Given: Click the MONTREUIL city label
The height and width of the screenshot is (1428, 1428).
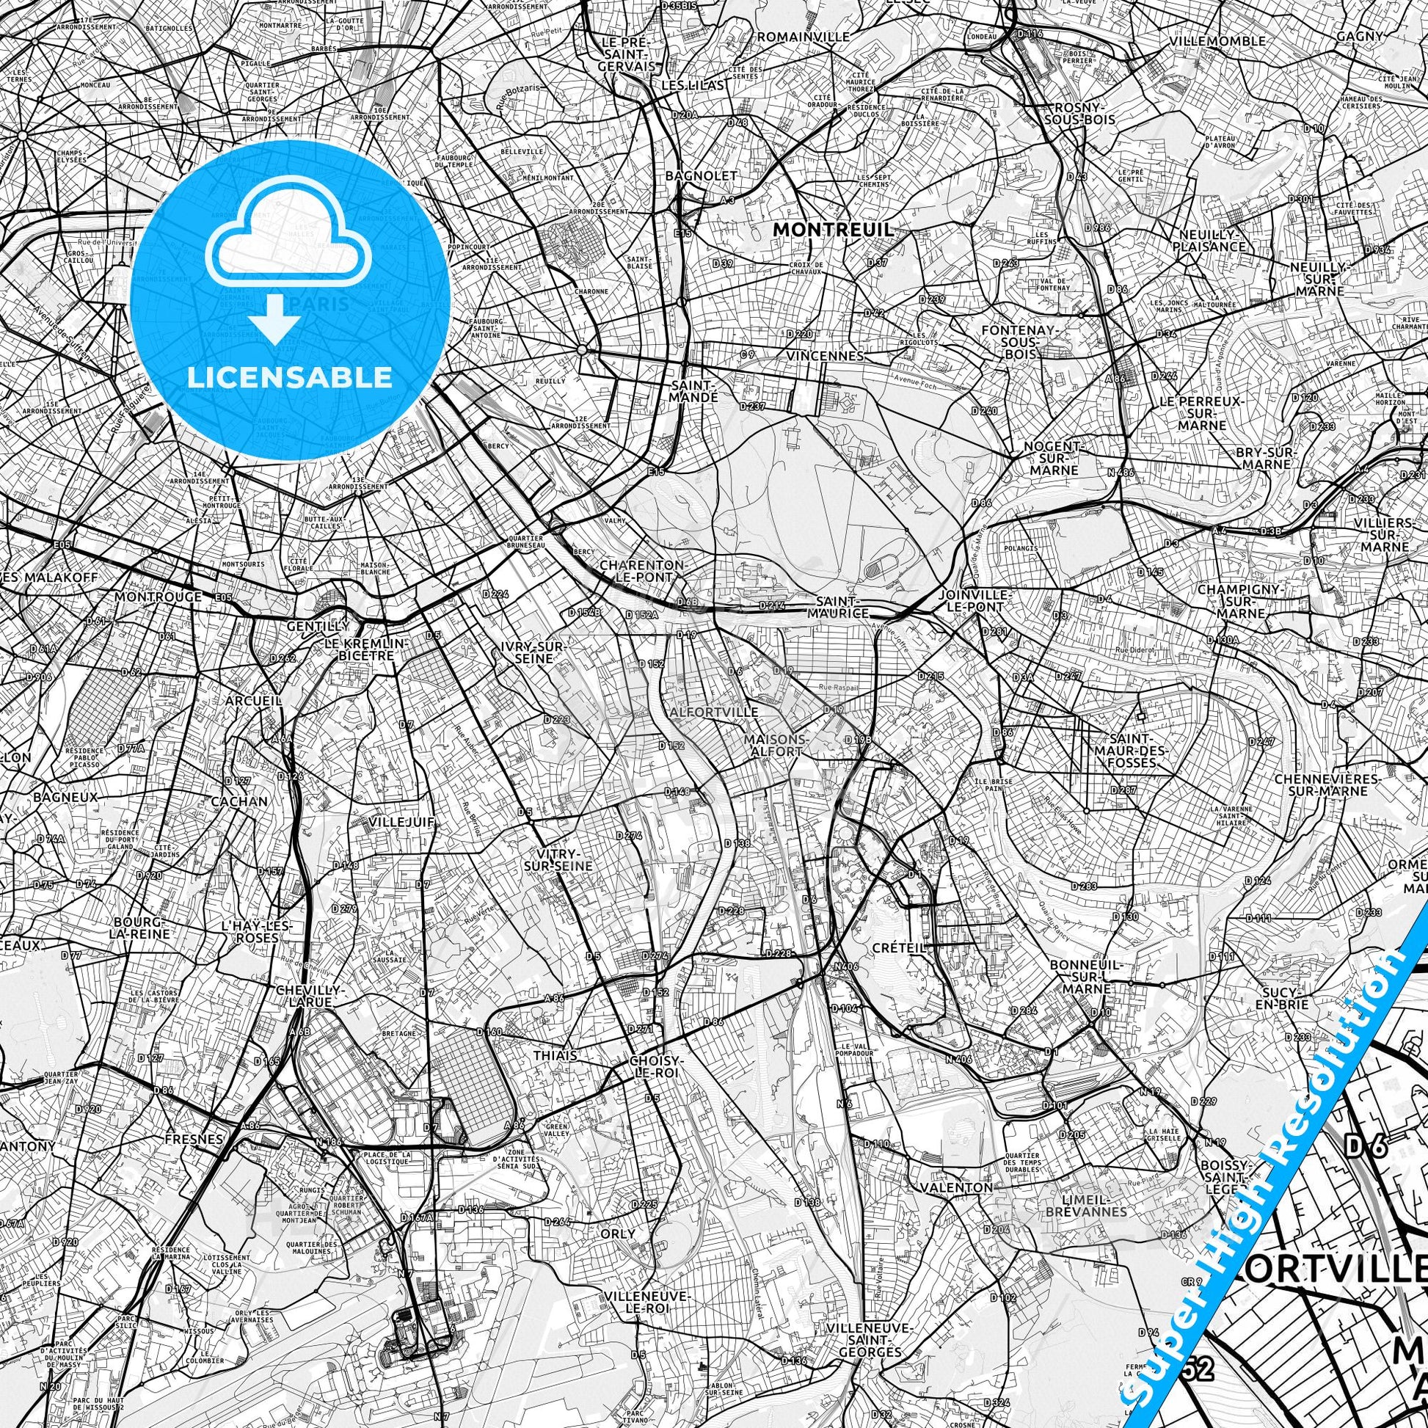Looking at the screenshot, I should tap(832, 230).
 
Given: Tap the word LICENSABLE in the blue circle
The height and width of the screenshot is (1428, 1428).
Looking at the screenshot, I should tap(289, 377).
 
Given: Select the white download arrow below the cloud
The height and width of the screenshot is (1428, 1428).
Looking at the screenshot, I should tap(275, 316).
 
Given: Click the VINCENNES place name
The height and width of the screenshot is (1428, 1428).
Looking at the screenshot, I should tap(825, 356).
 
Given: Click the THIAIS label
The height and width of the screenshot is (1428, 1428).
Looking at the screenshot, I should tap(555, 1055).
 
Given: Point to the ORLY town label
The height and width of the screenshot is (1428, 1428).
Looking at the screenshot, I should tap(618, 1234).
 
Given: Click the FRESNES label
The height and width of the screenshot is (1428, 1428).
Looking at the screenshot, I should tap(194, 1140).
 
